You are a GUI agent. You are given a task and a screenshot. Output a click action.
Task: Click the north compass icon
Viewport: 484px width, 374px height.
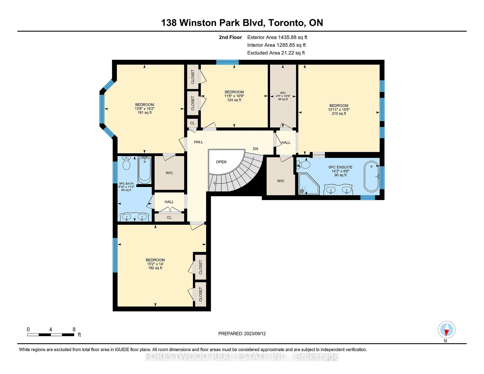(447, 330)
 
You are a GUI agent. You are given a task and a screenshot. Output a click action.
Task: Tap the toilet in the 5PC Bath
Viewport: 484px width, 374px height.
(126, 163)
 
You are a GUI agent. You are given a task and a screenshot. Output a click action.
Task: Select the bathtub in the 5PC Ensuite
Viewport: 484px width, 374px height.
(372, 176)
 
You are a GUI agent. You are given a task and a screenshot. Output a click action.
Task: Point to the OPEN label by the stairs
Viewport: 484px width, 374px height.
(221, 162)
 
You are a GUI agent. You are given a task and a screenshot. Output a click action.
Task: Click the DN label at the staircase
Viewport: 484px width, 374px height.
(256, 149)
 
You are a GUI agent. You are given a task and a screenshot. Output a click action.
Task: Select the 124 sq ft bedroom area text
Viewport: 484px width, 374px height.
(234, 100)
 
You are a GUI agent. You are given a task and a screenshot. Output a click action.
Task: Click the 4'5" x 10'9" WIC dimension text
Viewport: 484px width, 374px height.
(283, 96)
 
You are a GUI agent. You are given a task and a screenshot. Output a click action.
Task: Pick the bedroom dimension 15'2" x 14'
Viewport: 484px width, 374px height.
(155, 264)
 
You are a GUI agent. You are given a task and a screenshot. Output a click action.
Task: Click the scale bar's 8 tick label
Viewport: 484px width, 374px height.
(74, 329)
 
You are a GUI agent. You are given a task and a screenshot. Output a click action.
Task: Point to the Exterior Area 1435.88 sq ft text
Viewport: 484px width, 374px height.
(277, 37)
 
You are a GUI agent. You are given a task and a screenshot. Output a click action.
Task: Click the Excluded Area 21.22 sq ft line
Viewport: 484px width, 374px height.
(276, 53)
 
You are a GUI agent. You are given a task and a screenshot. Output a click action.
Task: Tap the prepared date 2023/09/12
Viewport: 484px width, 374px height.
(255, 333)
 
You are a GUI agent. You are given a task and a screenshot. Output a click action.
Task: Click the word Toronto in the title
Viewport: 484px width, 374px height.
(287, 23)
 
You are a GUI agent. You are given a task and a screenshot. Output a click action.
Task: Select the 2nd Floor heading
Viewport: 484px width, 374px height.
(230, 37)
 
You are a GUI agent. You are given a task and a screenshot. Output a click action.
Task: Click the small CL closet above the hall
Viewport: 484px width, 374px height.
(192, 123)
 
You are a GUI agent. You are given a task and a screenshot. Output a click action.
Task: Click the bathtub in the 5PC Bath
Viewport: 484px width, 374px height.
(145, 170)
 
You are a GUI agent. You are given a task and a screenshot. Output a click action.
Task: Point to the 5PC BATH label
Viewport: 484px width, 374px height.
(126, 183)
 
